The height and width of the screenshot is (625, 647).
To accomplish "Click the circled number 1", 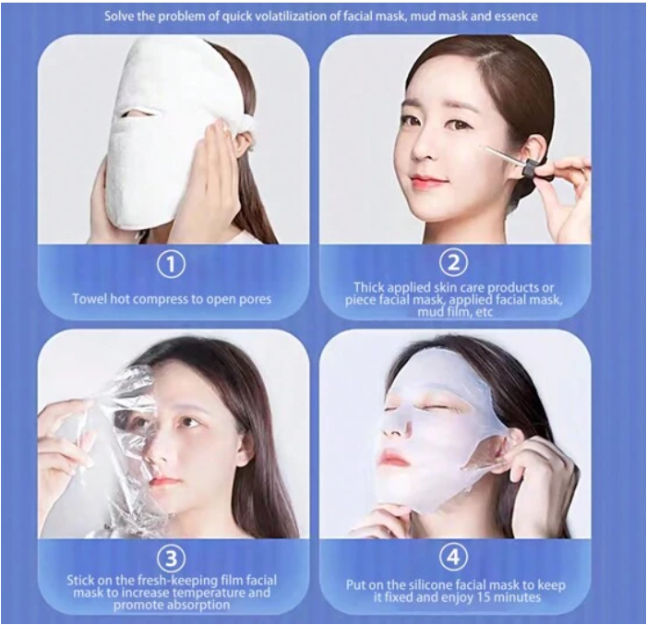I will coord(172,264).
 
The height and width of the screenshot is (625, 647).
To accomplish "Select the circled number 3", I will coord(172,558).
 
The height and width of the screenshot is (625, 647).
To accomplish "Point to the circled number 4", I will coord(452,557).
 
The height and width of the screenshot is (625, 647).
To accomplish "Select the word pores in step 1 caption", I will coord(254,299).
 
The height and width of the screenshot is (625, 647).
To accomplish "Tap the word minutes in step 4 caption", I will coord(518,597).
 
